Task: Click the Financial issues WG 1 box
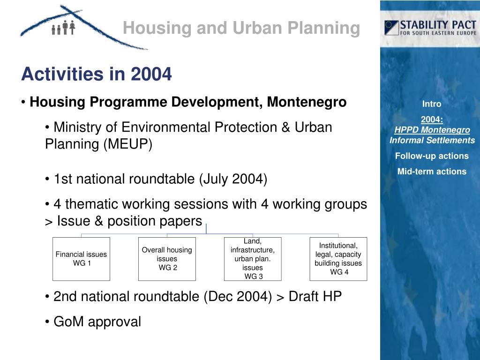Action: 81,259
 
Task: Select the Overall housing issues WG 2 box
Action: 167,259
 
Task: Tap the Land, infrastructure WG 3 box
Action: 253,259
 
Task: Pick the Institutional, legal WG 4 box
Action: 338,259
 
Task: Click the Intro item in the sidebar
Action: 432,104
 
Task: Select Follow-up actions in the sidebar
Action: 432,156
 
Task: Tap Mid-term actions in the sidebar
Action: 432,172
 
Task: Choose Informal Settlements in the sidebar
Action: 432,140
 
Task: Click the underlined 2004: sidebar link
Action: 432,119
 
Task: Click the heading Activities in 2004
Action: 97,74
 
